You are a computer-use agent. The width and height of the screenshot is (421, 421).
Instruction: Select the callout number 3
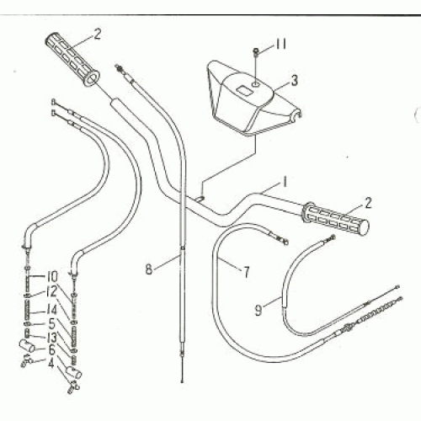[294, 81]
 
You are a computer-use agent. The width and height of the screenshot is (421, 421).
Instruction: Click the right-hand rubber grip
[333, 221]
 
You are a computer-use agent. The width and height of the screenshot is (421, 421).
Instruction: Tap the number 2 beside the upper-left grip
[97, 35]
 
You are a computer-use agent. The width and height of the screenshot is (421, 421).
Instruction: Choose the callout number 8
[149, 270]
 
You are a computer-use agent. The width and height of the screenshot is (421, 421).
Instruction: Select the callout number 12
[51, 291]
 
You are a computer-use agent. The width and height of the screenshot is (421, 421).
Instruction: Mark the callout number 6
[51, 349]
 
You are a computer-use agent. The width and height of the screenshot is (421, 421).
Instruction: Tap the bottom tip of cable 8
[180, 377]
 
